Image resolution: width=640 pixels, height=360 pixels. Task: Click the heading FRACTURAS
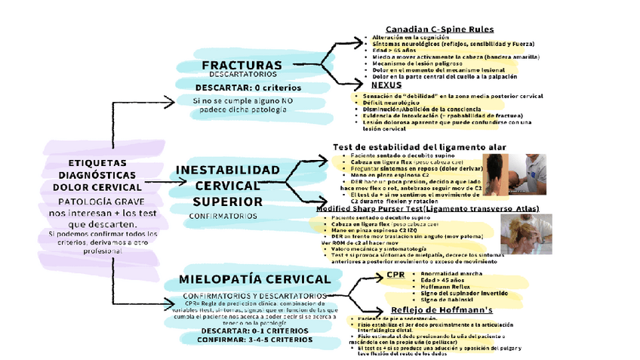(x=242, y=65)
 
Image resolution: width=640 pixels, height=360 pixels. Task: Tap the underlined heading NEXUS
(x=386, y=85)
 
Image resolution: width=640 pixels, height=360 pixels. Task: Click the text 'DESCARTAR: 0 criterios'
(x=247, y=88)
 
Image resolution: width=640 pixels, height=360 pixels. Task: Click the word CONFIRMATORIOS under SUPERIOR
(x=223, y=216)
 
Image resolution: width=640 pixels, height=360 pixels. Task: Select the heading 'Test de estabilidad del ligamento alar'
(x=420, y=146)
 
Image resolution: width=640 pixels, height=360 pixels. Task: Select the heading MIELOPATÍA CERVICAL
(x=255, y=279)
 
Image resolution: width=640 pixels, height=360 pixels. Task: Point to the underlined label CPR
(x=395, y=274)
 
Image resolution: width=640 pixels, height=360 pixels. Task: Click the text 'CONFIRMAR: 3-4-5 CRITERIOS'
(x=250, y=340)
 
